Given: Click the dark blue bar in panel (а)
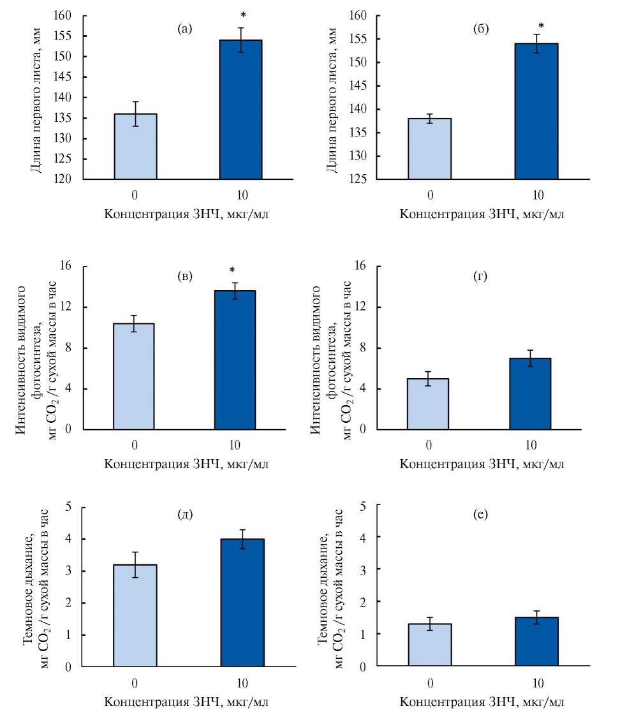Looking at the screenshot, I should (x=241, y=110).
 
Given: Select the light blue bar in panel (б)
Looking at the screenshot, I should (x=431, y=149).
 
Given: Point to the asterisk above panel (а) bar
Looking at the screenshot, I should (x=243, y=15).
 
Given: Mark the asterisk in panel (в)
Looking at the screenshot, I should (x=232, y=270).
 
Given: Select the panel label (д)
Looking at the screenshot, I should (x=185, y=515).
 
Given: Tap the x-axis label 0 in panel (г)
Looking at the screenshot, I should (x=431, y=445).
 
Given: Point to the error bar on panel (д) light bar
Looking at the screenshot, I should (x=135, y=564).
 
